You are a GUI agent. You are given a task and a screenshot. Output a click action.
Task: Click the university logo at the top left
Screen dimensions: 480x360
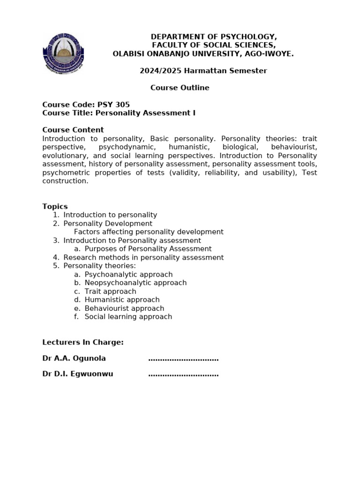click(64, 52)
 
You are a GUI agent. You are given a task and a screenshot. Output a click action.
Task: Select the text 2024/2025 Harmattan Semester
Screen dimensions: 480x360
click(203, 71)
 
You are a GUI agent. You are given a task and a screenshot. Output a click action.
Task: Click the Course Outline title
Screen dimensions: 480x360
click(180, 88)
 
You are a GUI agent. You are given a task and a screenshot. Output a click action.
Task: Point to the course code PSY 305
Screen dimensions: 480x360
click(113, 105)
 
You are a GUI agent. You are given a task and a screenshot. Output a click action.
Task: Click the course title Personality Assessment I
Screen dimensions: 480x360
click(145, 113)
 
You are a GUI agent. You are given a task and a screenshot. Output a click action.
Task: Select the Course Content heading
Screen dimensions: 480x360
click(73, 130)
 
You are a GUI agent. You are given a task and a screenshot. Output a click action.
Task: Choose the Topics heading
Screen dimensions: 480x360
click(55, 206)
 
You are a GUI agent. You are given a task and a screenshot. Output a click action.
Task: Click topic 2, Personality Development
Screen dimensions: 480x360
click(108, 224)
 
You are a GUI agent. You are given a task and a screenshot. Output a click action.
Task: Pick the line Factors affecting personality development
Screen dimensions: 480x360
click(149, 232)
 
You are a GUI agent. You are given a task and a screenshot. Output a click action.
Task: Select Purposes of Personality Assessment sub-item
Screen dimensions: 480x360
click(148, 249)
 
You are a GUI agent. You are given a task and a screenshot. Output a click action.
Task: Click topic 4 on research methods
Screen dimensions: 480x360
click(143, 257)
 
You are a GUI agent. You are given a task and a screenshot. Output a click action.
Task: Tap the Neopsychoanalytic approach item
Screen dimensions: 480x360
click(135, 283)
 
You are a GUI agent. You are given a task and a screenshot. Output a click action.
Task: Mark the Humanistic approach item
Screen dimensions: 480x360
click(122, 300)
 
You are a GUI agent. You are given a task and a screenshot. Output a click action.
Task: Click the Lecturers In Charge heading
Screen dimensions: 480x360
click(83, 342)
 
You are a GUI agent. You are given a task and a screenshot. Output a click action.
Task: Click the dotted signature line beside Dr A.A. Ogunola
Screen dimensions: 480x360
click(183, 359)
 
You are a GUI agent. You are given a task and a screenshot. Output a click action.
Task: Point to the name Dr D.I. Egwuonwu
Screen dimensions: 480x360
click(78, 374)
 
